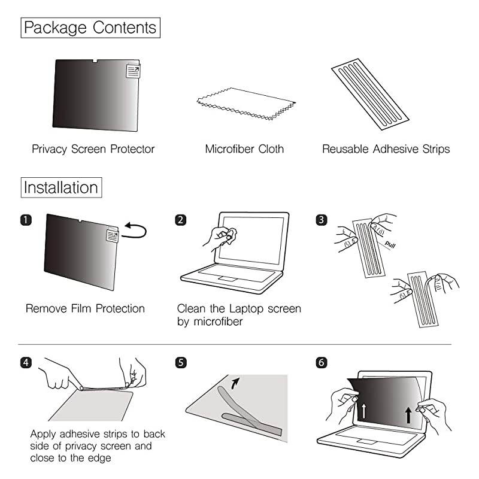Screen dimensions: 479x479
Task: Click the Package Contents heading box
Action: tap(90, 28)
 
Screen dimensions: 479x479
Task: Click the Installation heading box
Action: tap(60, 187)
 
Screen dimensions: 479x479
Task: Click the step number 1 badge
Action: tap(26, 220)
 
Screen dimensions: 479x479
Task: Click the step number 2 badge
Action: tap(181, 220)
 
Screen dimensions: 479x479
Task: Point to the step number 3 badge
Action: tap(322, 220)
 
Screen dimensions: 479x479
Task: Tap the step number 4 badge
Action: tap(26, 363)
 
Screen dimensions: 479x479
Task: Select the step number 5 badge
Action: tap(181, 363)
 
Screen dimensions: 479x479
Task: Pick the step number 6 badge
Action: tap(322, 363)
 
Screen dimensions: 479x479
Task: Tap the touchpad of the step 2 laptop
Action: tap(228, 279)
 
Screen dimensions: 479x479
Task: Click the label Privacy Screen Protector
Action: tap(93, 149)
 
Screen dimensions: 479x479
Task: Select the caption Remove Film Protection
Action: tap(85, 309)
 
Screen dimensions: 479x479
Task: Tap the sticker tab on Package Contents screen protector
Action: tap(133, 72)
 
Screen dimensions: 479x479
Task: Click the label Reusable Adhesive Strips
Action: tap(386, 149)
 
